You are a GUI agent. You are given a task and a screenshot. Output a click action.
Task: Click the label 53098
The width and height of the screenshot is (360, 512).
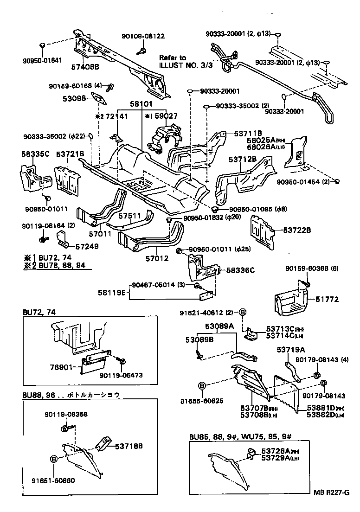[75, 99]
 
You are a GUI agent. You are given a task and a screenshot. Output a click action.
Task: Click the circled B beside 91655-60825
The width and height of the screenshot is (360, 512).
[202, 385]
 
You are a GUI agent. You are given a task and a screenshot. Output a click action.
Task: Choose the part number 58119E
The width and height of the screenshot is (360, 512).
[111, 293]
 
